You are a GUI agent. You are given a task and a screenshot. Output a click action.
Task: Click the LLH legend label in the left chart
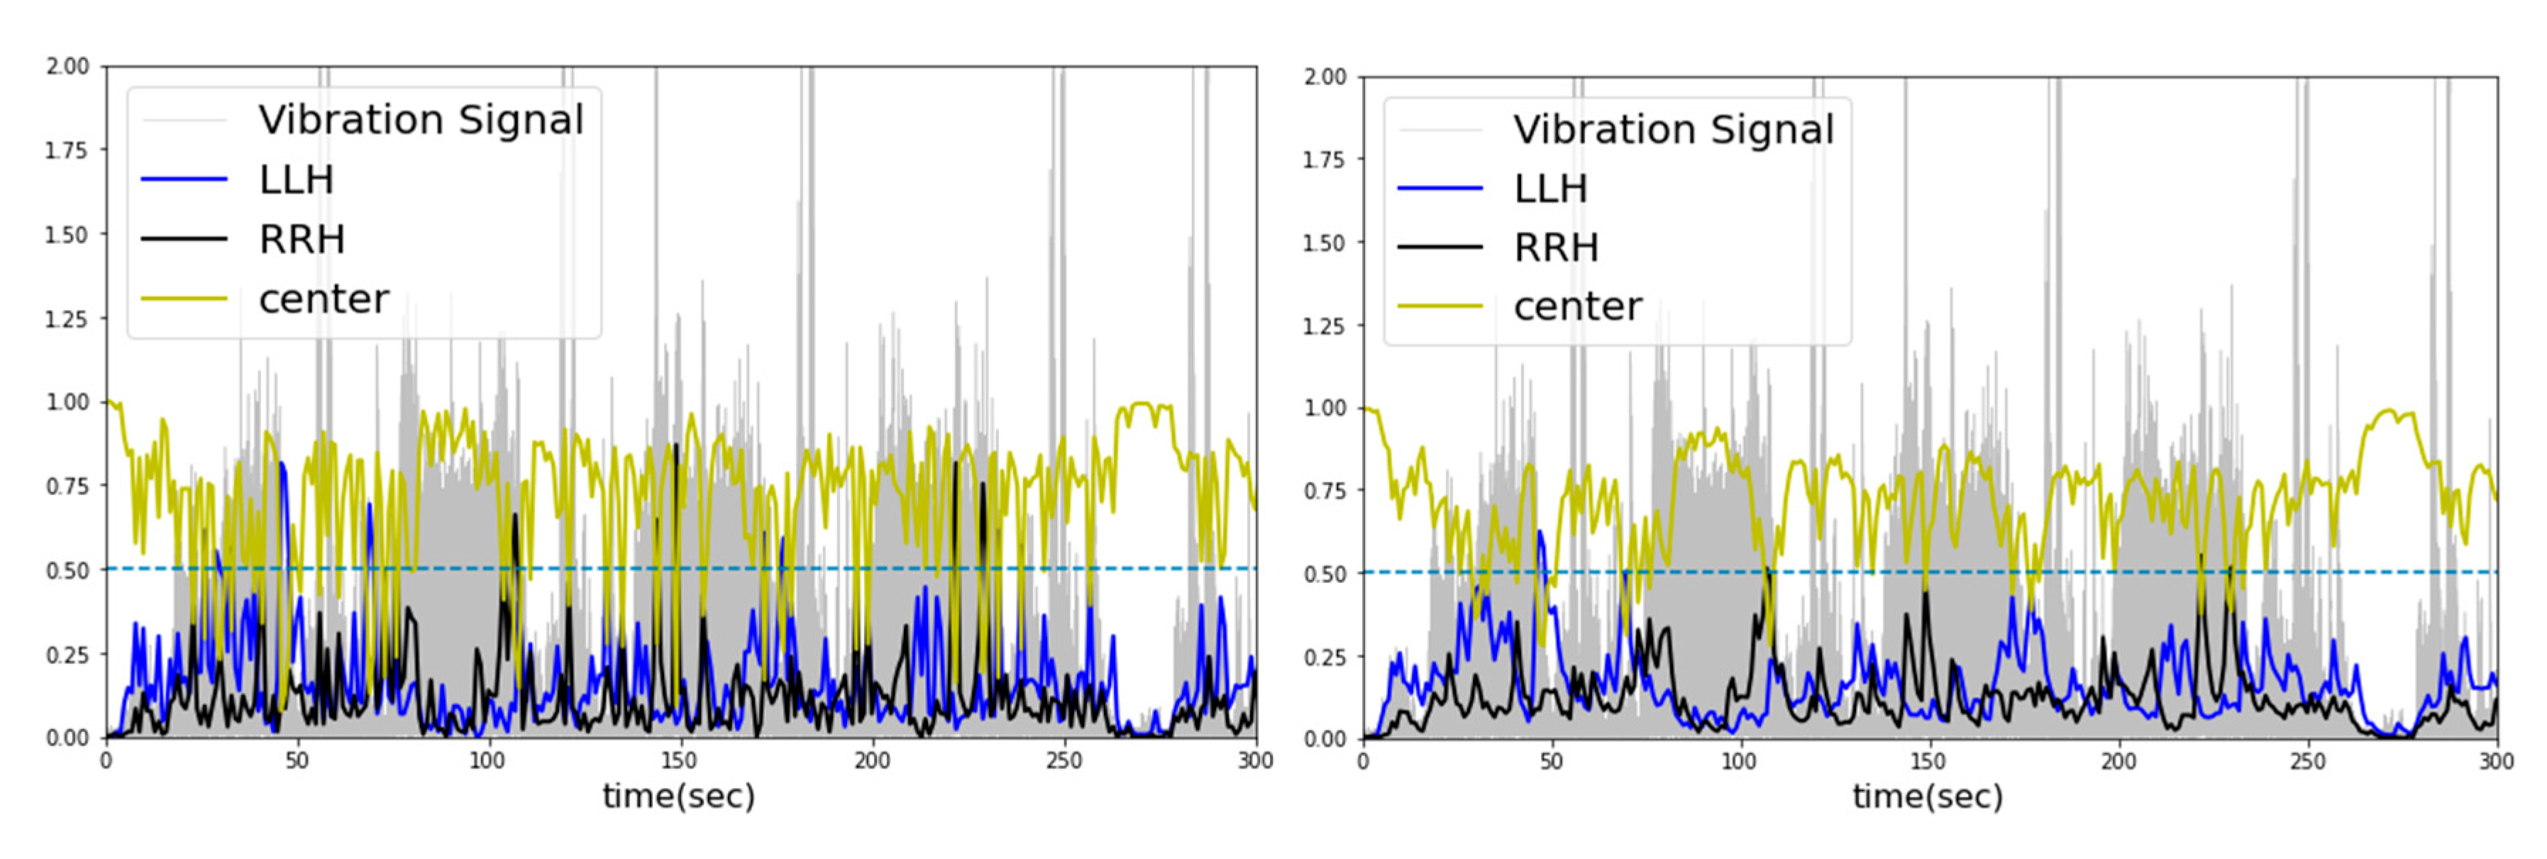click(x=297, y=180)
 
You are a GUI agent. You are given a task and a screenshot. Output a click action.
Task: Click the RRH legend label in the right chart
click(x=1555, y=247)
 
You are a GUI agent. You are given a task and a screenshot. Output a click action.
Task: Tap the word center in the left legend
click(x=324, y=299)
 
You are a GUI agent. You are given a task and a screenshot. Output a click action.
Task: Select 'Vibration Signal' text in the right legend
click(x=1673, y=130)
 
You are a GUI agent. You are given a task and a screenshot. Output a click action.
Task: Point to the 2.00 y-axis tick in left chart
click(x=67, y=66)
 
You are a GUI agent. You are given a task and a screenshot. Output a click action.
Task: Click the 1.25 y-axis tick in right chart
click(x=1324, y=325)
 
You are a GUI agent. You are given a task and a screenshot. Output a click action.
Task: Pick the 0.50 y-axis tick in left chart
click(x=67, y=570)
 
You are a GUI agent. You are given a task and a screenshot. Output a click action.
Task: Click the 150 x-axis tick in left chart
click(x=678, y=761)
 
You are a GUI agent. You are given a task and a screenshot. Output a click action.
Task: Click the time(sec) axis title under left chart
click(x=678, y=797)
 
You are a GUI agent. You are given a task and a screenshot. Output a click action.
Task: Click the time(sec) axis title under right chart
click(x=1927, y=797)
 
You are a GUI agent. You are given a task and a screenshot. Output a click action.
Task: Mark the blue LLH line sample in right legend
click(x=1440, y=188)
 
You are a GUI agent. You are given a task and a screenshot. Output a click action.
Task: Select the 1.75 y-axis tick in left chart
click(x=67, y=150)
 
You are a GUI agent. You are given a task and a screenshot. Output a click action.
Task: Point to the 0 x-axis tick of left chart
click(x=106, y=761)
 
